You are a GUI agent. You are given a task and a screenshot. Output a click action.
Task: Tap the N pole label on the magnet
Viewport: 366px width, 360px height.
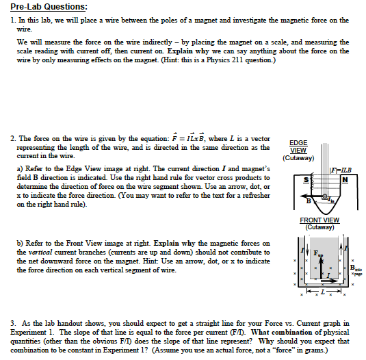click(x=345, y=180)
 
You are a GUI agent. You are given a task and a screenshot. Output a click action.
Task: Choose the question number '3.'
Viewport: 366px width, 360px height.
click(x=14, y=322)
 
